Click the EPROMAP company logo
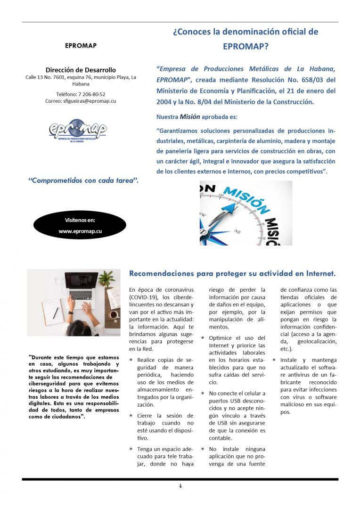[x=78, y=131]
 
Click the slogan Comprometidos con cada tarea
[x=83, y=180]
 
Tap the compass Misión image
[x=245, y=213]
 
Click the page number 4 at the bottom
[x=180, y=486]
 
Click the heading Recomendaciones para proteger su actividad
[x=232, y=273]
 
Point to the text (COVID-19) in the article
[x=144, y=298]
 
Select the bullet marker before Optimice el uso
[x=203, y=338]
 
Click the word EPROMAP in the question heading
[x=245, y=47]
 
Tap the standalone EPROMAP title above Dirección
[x=81, y=46]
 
